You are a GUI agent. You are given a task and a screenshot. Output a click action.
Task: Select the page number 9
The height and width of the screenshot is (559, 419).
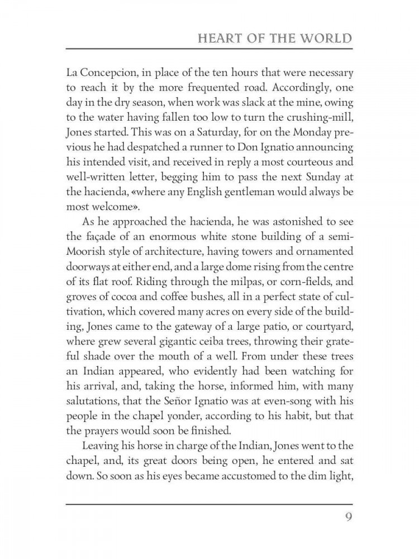pyautogui.click(x=346, y=514)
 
